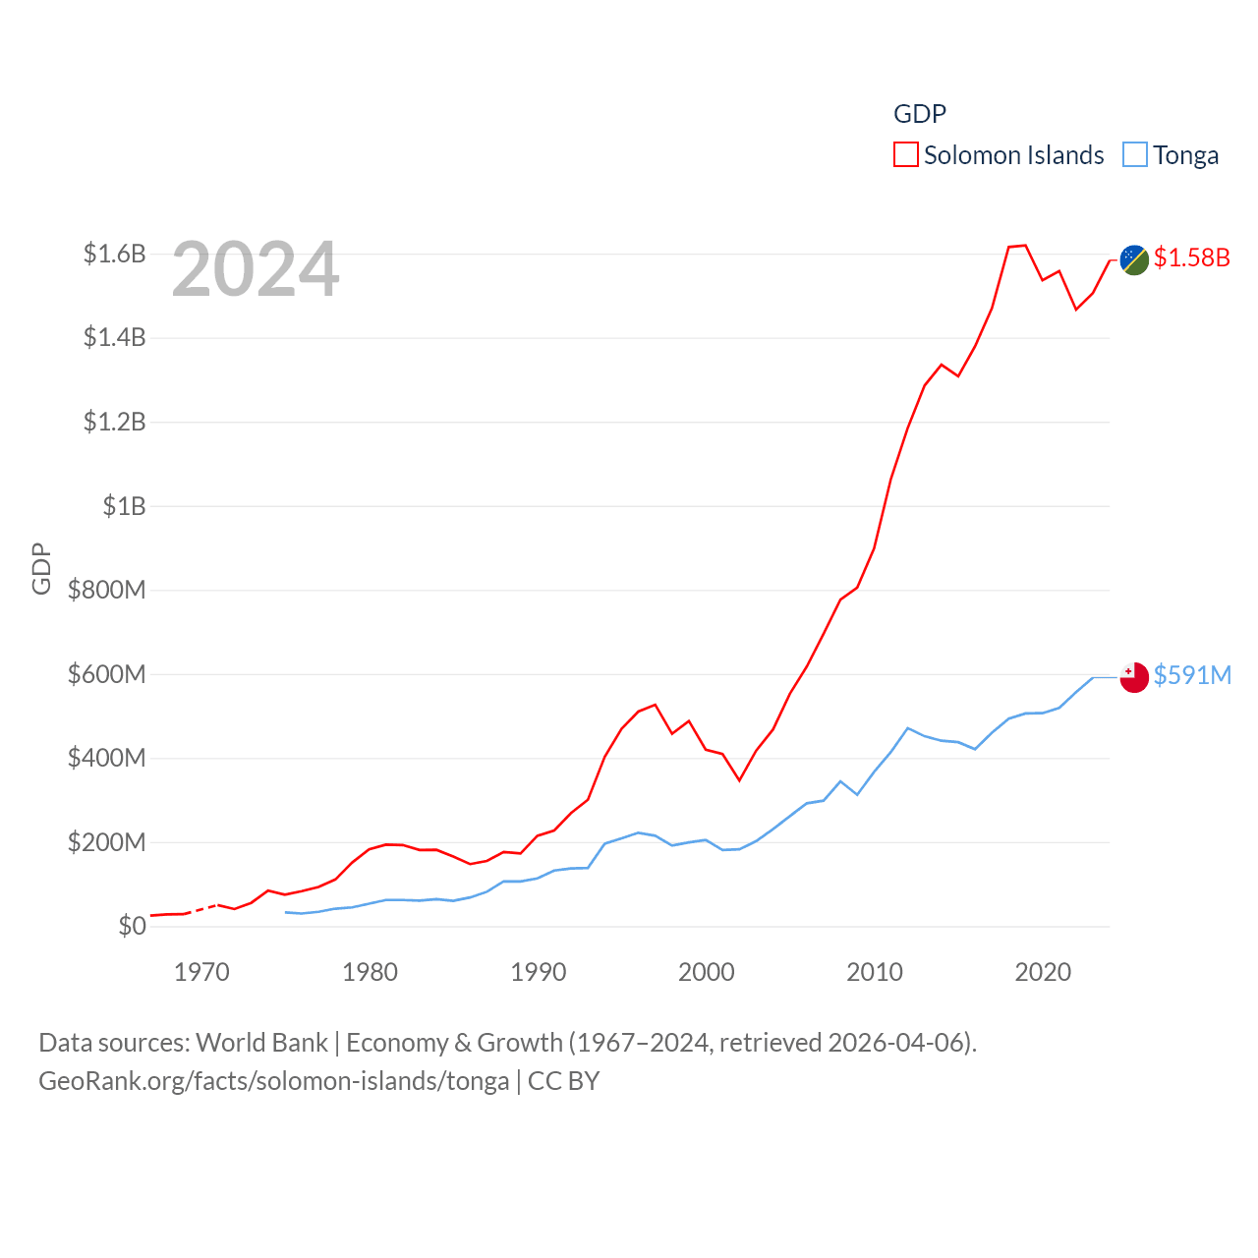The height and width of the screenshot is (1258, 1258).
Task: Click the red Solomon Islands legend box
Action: pyautogui.click(x=905, y=155)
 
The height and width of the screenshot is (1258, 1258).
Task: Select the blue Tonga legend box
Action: pyautogui.click(x=1135, y=155)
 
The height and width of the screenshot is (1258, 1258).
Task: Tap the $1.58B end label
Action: pyautogui.click(x=1191, y=257)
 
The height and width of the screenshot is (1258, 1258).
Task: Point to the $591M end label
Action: pyautogui.click(x=1192, y=675)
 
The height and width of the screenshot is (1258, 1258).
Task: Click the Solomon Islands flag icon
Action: pyautogui.click(x=1134, y=260)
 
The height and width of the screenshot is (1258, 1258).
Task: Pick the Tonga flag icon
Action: pyautogui.click(x=1134, y=677)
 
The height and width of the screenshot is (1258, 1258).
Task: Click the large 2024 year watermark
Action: pyautogui.click(x=256, y=269)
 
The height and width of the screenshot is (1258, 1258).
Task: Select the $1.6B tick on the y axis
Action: pyautogui.click(x=115, y=255)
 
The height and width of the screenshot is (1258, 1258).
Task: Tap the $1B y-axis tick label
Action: pyautogui.click(x=124, y=506)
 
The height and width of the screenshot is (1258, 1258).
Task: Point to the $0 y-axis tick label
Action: pyautogui.click(x=132, y=926)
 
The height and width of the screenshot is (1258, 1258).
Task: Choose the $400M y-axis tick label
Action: pyautogui.click(x=106, y=758)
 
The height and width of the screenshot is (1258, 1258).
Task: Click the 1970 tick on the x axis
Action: pyautogui.click(x=201, y=972)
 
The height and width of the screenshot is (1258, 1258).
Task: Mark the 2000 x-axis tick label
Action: pyautogui.click(x=706, y=972)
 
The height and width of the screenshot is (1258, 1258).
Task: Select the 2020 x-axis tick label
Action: pyautogui.click(x=1043, y=972)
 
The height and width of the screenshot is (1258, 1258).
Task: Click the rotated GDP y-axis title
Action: pyautogui.click(x=41, y=568)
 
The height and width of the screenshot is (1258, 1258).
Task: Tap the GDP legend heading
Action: pyautogui.click(x=919, y=114)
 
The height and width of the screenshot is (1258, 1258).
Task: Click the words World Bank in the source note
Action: pyautogui.click(x=261, y=1042)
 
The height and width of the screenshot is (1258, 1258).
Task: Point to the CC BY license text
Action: pyautogui.click(x=563, y=1081)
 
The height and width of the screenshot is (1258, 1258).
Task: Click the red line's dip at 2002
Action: pyautogui.click(x=739, y=779)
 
